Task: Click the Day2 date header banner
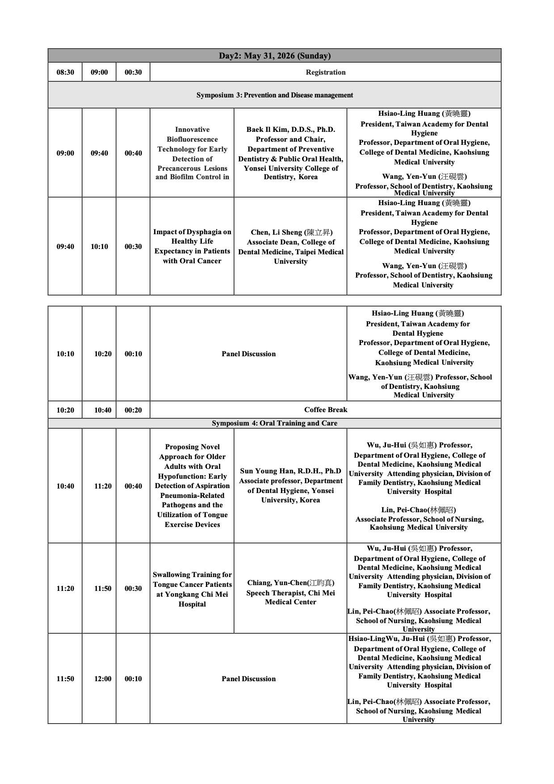274,56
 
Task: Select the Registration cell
325,72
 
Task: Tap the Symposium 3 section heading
274,95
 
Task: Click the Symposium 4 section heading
274,423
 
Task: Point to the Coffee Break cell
325,410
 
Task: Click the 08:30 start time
65,72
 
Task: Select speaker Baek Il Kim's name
290,130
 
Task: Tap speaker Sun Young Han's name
290,471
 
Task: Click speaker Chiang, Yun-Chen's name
290,583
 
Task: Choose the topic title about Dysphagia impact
192,246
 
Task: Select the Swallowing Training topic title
192,589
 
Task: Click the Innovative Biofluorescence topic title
192,153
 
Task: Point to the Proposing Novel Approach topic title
192,485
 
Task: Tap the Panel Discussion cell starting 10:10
248,354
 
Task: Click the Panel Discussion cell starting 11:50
248,679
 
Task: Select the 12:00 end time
103,679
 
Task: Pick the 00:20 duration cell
133,410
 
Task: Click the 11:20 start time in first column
65,589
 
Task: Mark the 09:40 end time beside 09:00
99,153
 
